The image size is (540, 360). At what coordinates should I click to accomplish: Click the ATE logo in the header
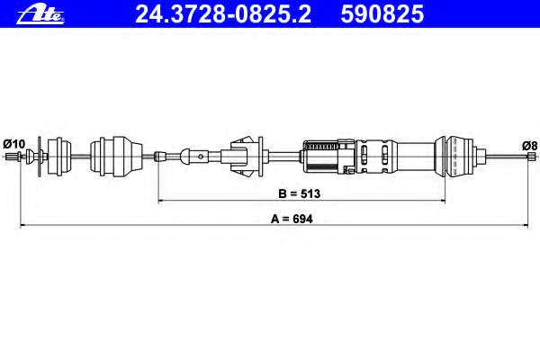(x=40, y=15)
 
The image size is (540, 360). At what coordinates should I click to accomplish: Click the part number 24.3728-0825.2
(x=223, y=14)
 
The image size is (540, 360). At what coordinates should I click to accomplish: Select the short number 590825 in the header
(x=382, y=14)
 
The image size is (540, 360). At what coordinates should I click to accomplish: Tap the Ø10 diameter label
(x=14, y=144)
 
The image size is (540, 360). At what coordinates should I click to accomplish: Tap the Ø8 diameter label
(x=529, y=146)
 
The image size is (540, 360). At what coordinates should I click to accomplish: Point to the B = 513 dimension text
(x=300, y=193)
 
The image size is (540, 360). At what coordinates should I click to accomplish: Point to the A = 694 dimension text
(x=292, y=219)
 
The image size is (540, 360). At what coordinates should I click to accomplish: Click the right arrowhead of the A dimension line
(x=526, y=226)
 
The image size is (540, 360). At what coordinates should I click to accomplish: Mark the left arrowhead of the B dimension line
(x=161, y=200)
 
